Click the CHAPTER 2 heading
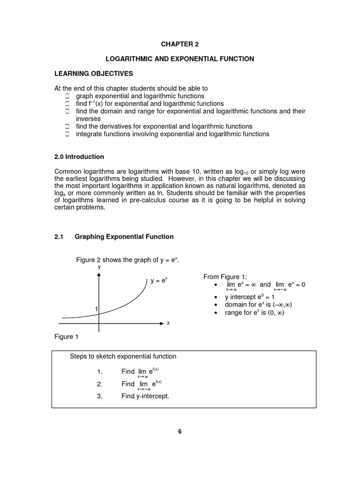180,44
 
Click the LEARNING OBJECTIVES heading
94,74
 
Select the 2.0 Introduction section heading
79,157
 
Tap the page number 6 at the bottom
180,432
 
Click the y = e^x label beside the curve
159,281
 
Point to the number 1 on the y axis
96,309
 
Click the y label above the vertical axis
99,266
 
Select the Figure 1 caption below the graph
64,337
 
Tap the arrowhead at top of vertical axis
99,275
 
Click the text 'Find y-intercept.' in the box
145,396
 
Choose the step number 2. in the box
99,384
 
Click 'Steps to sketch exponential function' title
123,356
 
